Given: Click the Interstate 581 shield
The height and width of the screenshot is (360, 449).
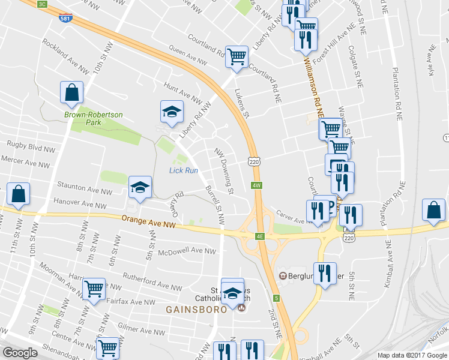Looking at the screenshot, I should pyautogui.click(x=64, y=18).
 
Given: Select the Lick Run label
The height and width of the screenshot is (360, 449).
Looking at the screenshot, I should pyautogui.click(x=184, y=170).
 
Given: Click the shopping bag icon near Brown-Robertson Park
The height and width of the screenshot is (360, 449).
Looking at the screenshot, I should pyautogui.click(x=72, y=92).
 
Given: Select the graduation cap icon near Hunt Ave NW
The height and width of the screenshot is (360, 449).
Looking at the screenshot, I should pyautogui.click(x=172, y=111).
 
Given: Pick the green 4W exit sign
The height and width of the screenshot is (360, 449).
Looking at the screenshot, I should pyautogui.click(x=257, y=185).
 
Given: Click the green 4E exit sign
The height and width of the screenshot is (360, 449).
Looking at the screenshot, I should pyautogui.click(x=260, y=236).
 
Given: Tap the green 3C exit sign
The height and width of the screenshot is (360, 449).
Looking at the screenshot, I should pyautogui.click(x=41, y=4).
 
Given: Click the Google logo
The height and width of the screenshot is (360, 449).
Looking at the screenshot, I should pyautogui.click(x=20, y=353).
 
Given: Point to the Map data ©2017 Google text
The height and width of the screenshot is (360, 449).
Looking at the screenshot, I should pyautogui.click(x=412, y=355).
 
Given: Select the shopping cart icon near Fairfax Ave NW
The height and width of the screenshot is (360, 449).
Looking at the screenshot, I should pyautogui.click(x=94, y=289).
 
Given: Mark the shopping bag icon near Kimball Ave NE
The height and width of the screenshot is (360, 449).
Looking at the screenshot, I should pyautogui.click(x=433, y=210).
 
